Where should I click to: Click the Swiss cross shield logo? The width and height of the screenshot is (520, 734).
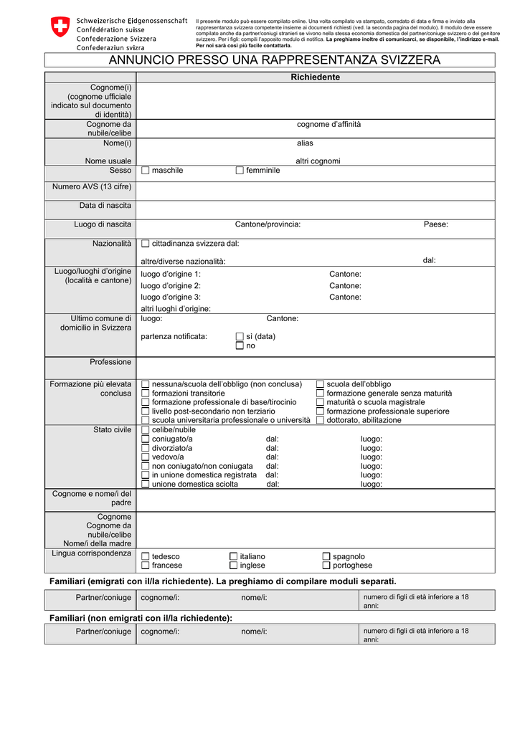coord(60,27)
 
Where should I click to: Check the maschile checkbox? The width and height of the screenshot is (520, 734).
coord(146,171)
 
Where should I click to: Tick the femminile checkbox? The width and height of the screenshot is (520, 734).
coord(240,171)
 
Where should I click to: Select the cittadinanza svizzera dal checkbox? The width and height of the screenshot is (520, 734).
coord(146,244)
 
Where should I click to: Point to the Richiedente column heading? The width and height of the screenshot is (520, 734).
coord(315,77)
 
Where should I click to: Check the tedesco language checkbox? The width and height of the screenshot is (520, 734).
coord(146,556)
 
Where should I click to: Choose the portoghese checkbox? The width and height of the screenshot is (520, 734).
coord(326,566)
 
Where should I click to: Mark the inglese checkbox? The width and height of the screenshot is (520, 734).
coord(233,566)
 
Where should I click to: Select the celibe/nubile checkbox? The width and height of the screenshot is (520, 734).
coord(146,429)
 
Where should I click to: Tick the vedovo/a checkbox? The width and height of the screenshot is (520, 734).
coord(146,457)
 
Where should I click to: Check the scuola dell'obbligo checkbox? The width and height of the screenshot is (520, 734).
coord(321,384)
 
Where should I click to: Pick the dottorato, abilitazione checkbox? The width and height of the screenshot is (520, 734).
coord(321,420)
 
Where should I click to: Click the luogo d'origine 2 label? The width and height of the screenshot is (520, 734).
coord(171,286)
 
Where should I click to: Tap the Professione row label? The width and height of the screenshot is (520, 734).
coord(110,362)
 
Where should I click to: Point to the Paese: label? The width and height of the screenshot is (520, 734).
coord(435,224)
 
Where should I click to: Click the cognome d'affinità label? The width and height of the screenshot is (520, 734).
coord(328,125)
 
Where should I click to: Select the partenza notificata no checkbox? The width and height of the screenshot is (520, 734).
coord(240,345)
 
